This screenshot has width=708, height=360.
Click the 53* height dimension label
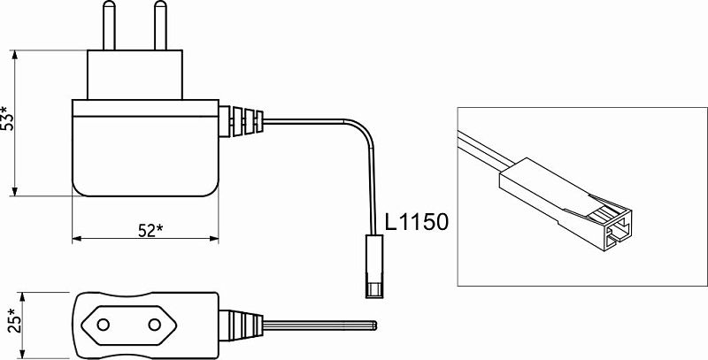[7, 119]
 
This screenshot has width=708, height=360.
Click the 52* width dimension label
[150, 231]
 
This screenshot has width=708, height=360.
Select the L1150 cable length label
[417, 222]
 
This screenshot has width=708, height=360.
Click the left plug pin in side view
[109, 26]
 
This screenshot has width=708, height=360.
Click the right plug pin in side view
[160, 26]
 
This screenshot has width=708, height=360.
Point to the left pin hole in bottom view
[104, 325]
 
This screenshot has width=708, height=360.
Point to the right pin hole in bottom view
[154, 325]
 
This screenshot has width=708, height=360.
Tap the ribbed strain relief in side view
[241, 121]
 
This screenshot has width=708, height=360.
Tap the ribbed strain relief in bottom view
[241, 325]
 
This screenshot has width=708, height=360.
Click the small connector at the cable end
[374, 266]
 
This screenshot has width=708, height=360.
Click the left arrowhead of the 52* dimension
[77, 239]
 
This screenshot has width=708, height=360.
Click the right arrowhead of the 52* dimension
[214, 239]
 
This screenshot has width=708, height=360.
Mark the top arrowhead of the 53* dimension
[15, 55]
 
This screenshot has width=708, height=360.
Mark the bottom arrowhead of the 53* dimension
[15, 191]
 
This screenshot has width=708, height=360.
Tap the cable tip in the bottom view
[374, 325]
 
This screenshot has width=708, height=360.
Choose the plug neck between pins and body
[135, 75]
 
